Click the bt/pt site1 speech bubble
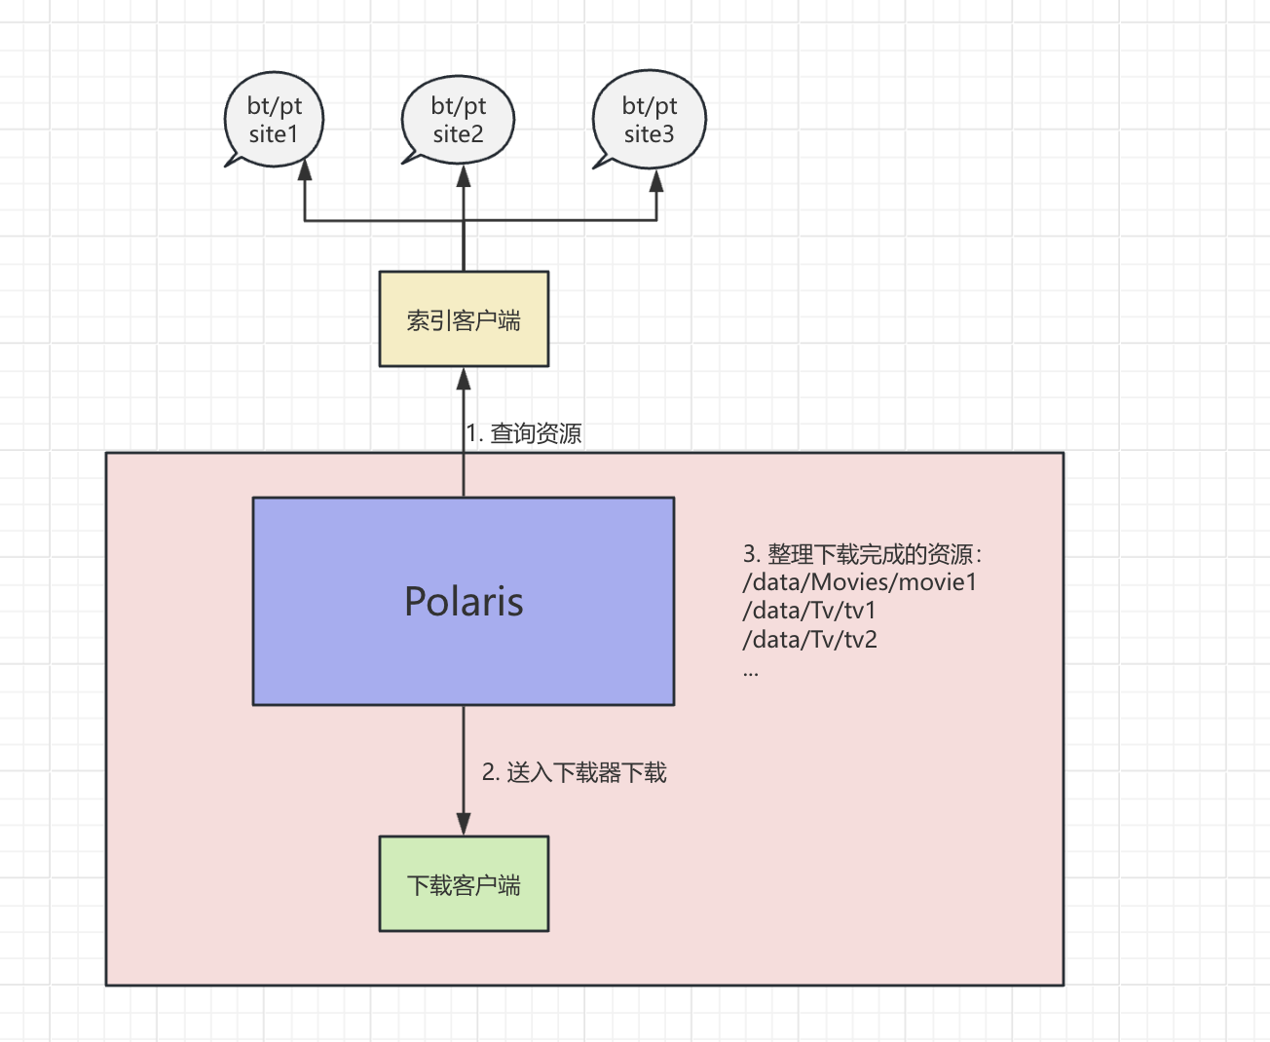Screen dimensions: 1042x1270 [x=274, y=119]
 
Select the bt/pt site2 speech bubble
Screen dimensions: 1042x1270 [x=458, y=119]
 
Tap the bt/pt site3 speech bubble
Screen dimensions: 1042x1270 [x=649, y=119]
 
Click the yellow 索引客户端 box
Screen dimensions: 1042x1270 [x=464, y=319]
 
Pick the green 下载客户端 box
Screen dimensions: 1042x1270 [x=464, y=884]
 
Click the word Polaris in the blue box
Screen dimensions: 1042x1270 [x=464, y=602]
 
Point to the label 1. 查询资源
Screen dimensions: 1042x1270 [x=524, y=433]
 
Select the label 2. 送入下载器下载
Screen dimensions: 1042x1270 [x=575, y=773]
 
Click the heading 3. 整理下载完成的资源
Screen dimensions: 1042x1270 [x=863, y=554]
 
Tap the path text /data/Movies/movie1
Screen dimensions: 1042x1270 [x=859, y=582]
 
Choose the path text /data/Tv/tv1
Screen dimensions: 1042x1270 [x=809, y=611]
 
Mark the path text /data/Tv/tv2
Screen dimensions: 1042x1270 [x=809, y=640]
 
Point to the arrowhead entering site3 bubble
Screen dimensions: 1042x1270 [x=656, y=181]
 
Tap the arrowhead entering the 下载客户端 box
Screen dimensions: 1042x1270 [x=464, y=823]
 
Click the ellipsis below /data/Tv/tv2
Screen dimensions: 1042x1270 [x=750, y=672]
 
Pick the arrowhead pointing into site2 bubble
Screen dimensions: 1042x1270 [x=464, y=177]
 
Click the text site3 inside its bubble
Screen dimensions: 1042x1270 [x=649, y=134]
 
